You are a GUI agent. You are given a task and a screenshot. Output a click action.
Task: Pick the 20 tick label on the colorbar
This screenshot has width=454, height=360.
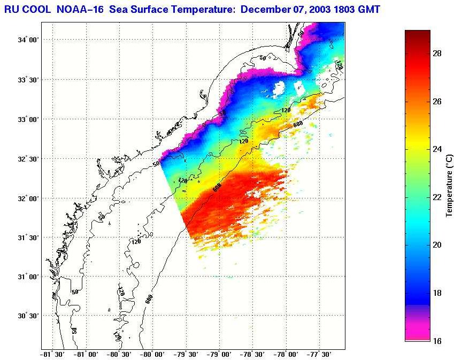point(436,245)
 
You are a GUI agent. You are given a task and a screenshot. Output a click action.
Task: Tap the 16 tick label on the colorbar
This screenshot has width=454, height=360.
point(436,340)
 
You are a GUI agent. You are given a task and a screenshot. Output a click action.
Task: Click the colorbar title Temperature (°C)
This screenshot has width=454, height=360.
point(449,185)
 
